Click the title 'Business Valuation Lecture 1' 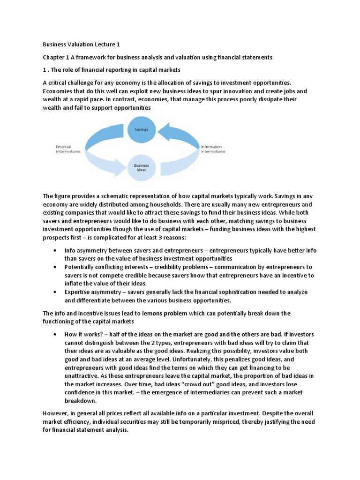tap(82, 45)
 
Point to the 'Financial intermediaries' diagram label tap(68, 149)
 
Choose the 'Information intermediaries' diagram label tap(213, 149)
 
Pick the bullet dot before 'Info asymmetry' tap(56, 251)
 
